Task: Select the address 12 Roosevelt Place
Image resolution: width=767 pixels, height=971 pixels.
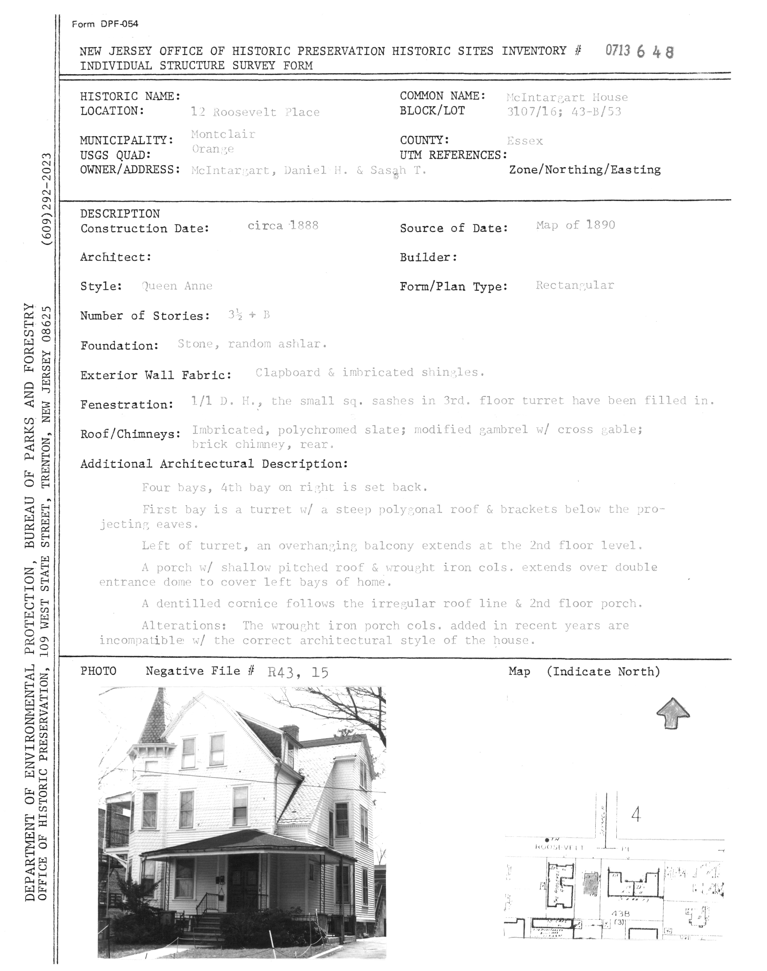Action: pyautogui.click(x=255, y=112)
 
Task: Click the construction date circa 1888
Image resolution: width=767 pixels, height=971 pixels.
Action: pyautogui.click(x=283, y=225)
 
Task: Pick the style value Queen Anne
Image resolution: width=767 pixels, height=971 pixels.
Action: pyautogui.click(x=177, y=286)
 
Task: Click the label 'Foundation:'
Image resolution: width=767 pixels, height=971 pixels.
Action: pyautogui.click(x=119, y=346)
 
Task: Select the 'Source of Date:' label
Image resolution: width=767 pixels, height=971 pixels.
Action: pyautogui.click(x=454, y=228)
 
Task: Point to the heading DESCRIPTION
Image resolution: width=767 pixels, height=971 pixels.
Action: pyautogui.click(x=120, y=214)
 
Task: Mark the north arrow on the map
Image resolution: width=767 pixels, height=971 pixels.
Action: pyautogui.click(x=673, y=713)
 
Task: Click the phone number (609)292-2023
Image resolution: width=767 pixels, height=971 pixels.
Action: pyautogui.click(x=47, y=199)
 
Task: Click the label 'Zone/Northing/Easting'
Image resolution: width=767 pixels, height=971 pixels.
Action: pyautogui.click(x=585, y=170)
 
